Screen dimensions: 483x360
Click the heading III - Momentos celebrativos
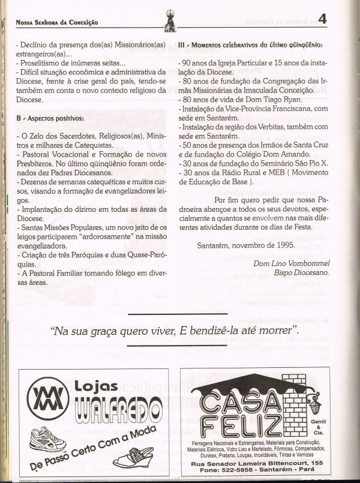pyautogui.click(x=250, y=45)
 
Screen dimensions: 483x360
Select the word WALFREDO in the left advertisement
pyautogui.click(x=113, y=413)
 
